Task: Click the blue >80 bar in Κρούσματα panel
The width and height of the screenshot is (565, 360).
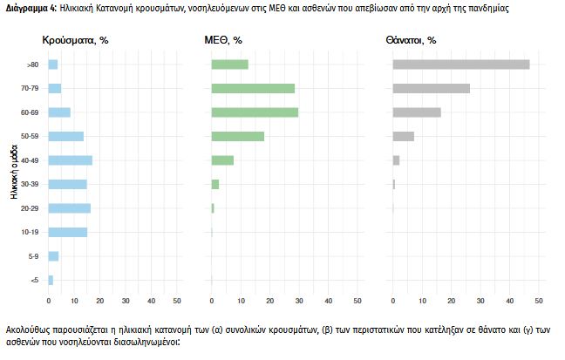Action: pyautogui.click(x=52, y=65)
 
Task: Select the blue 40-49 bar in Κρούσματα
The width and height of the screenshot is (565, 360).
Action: pyautogui.click(x=70, y=160)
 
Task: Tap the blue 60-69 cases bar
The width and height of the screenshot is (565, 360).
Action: pyautogui.click(x=59, y=112)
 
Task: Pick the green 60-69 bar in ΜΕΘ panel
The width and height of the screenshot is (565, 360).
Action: pyautogui.click(x=255, y=112)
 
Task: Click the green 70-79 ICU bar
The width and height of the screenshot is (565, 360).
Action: pyautogui.click(x=253, y=88)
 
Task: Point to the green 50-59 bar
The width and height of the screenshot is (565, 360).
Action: pyautogui.click(x=238, y=136)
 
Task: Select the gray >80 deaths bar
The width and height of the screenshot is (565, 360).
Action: pyautogui.click(x=461, y=65)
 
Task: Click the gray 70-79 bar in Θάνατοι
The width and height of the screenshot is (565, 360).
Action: pyautogui.click(x=432, y=88)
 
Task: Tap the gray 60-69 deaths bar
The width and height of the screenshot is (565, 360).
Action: pyautogui.click(x=417, y=112)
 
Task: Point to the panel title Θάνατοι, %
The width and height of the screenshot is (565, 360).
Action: pyautogui.click(x=411, y=40)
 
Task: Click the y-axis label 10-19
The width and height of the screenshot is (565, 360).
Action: pyautogui.click(x=32, y=232)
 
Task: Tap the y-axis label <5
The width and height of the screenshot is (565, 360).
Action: pyautogui.click(x=34, y=280)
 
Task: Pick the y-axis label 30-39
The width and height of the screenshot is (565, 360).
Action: pyautogui.click(x=32, y=184)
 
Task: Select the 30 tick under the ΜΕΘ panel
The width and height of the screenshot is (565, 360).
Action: pyautogui.click(x=299, y=301)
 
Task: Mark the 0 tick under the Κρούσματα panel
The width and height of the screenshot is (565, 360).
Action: pyautogui.click(x=47, y=301)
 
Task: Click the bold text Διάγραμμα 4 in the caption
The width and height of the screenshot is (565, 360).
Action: pyautogui.click(x=30, y=8)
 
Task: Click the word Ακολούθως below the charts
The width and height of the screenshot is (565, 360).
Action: pyautogui.click(x=31, y=332)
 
